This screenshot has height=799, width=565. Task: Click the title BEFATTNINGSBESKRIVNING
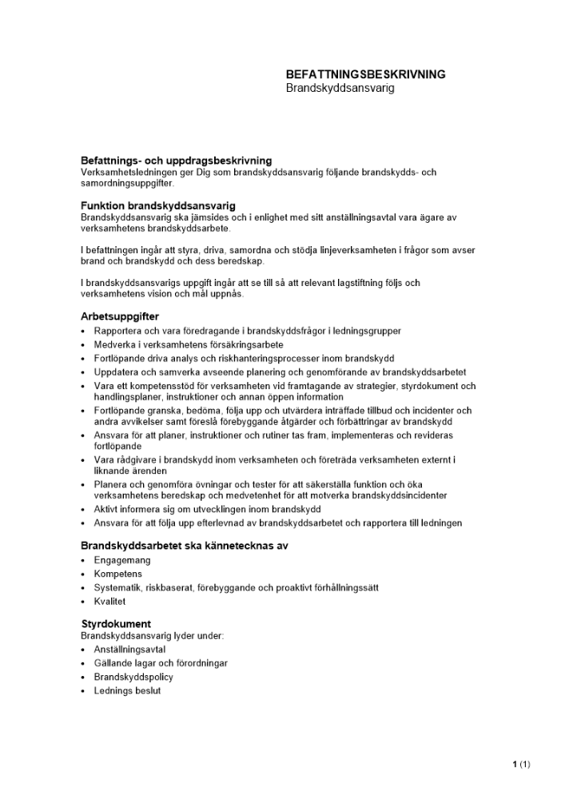(365, 74)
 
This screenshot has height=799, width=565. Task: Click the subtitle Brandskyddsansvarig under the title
(340, 88)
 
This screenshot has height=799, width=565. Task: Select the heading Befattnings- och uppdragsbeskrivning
(176, 161)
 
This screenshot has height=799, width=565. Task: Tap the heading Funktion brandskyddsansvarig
(158, 206)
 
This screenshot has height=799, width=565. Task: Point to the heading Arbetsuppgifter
(120, 316)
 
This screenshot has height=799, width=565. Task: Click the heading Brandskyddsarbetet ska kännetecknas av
(185, 546)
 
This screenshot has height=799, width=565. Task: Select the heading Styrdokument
(116, 623)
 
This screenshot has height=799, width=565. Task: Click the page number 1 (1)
(521, 765)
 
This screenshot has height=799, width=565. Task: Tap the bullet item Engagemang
(121, 561)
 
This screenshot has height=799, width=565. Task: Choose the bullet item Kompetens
(117, 574)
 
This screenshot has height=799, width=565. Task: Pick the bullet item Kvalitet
(109, 602)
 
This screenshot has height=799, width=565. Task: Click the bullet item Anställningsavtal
(129, 650)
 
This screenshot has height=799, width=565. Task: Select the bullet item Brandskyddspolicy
(133, 677)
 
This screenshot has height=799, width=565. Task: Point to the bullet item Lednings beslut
(127, 690)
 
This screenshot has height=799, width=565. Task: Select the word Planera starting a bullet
(111, 484)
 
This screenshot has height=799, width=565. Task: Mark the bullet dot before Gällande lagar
(83, 664)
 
